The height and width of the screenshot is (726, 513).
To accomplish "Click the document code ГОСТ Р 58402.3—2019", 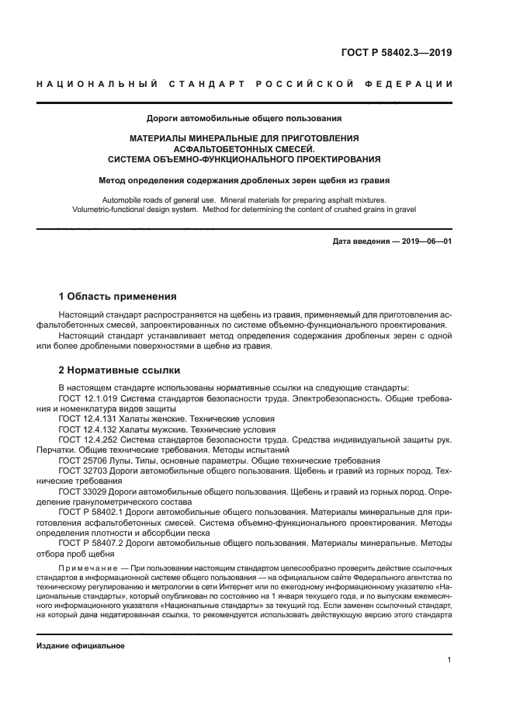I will [x=397, y=53].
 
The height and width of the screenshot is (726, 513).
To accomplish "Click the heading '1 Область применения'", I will [x=118, y=296].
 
